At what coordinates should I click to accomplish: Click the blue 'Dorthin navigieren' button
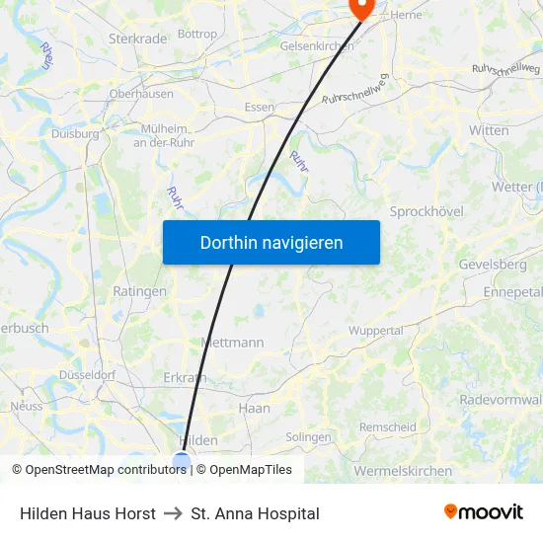point(271,242)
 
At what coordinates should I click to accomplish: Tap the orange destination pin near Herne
point(362,8)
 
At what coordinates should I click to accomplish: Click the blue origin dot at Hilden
point(182,460)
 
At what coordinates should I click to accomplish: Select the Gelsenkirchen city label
point(316,46)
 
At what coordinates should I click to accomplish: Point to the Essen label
point(260,107)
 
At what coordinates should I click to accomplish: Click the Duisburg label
point(75,133)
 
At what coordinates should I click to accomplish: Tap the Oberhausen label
point(141,94)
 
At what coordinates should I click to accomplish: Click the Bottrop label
point(197,34)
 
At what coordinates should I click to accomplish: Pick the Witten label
point(489,130)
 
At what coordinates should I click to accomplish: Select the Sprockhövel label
point(427,211)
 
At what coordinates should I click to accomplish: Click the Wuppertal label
point(376,330)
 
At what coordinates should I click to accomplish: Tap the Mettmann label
point(232,343)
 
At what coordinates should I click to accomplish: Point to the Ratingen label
point(140,291)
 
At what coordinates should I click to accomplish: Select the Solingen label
point(308,436)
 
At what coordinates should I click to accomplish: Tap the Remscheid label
point(388,427)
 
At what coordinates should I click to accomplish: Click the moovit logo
point(484,512)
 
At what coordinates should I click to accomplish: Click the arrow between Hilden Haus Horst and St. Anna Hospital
point(173,513)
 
